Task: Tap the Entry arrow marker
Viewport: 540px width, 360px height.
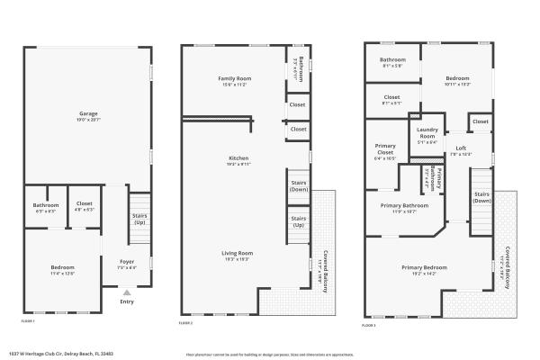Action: point(126,292)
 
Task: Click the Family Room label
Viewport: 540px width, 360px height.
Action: point(234,79)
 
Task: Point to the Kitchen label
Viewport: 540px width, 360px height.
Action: point(238,158)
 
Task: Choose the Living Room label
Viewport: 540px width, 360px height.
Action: point(238,253)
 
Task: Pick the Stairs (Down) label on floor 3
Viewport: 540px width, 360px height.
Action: point(481,197)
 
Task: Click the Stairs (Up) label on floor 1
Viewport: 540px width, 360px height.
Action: point(139,218)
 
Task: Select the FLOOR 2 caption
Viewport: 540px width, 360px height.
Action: point(186,321)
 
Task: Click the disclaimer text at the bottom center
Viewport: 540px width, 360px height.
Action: point(270,355)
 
